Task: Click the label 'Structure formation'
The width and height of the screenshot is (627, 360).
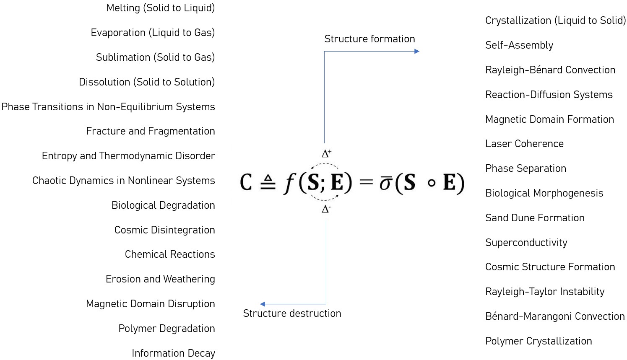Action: [x=369, y=39]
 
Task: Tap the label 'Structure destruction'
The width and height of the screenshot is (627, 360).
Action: [x=292, y=313]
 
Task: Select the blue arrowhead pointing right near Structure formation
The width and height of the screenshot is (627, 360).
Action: [x=417, y=52]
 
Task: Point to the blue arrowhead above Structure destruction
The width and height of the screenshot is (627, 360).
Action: [x=263, y=304]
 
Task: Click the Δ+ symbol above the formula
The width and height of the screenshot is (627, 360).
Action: [x=326, y=153]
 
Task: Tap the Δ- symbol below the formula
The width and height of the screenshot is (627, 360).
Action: [x=326, y=209]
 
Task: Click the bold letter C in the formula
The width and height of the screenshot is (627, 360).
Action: [x=246, y=182]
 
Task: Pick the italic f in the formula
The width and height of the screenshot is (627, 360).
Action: [x=289, y=183]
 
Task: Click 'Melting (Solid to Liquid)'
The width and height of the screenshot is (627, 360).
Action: [x=160, y=8]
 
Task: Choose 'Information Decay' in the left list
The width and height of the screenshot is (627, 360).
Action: [x=173, y=353]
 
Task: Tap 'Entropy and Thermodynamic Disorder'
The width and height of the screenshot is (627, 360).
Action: [x=128, y=156]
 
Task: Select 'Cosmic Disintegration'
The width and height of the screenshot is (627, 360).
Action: [x=164, y=230]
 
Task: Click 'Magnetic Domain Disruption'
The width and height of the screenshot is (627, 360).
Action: [x=150, y=304]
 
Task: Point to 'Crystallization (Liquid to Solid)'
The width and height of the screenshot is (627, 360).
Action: [x=555, y=21]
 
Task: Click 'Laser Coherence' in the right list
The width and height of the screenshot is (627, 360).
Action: [x=524, y=144]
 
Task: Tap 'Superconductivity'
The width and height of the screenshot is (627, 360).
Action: [x=526, y=243]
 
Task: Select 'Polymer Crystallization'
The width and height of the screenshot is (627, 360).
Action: [x=539, y=341]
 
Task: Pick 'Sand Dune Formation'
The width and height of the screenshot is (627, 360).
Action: [x=535, y=218]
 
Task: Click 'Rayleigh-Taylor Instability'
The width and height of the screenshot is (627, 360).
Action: [x=545, y=292]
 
